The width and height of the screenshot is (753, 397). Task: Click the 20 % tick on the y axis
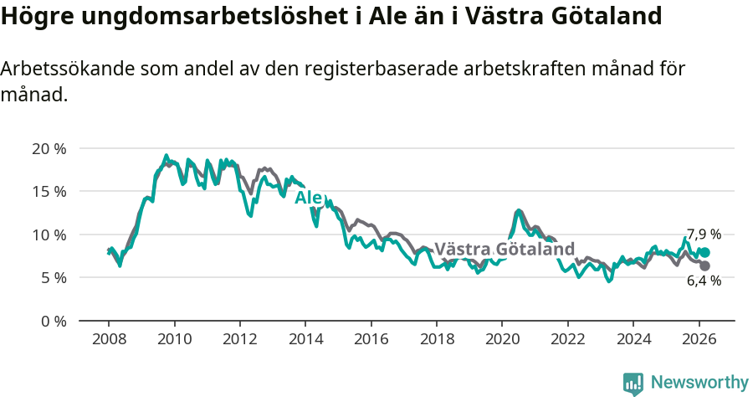(x=49, y=149)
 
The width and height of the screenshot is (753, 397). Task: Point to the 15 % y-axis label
(x=49, y=192)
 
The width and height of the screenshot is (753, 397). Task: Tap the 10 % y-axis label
(x=49, y=235)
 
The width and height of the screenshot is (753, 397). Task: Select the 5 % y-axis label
(x=53, y=277)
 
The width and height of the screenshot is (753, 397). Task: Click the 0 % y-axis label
(x=53, y=321)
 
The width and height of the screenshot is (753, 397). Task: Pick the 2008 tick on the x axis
(x=109, y=339)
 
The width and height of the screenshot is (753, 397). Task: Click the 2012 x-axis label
(x=239, y=339)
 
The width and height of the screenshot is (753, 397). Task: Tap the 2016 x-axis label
(x=371, y=339)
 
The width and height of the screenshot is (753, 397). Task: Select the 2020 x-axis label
(x=501, y=339)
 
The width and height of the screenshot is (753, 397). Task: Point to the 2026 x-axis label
(x=698, y=339)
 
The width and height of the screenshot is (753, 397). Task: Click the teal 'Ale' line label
(x=308, y=198)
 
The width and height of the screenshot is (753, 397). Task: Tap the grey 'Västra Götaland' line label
(x=505, y=249)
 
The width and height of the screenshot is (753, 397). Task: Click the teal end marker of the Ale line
(x=705, y=252)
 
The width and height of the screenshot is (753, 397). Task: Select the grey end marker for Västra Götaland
(x=704, y=266)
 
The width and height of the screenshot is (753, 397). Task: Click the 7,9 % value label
(x=704, y=235)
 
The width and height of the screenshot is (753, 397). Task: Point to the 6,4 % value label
(x=704, y=281)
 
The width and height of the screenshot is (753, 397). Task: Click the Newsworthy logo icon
(x=633, y=384)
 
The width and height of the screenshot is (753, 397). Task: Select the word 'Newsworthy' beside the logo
(x=699, y=383)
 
